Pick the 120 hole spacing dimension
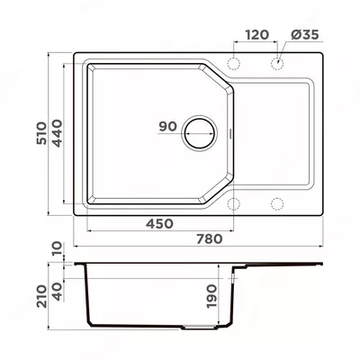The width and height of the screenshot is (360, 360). point(256,35)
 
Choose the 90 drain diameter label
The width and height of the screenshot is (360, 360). point(167,126)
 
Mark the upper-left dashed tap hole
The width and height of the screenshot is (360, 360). point(235,65)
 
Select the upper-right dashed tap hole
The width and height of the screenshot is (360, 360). point(277,65)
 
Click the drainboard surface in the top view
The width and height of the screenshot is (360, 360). point(274,135)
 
